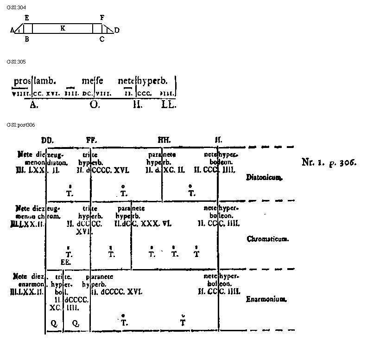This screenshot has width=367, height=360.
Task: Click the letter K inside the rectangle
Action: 63,28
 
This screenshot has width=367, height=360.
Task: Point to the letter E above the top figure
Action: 27,18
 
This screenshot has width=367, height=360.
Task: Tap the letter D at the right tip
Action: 117,31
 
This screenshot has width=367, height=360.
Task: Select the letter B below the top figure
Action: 27,39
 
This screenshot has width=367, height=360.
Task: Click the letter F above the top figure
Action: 102,18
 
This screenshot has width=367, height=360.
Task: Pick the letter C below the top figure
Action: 102,39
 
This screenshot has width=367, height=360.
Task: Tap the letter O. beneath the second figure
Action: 95,104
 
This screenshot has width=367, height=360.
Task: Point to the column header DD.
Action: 47,140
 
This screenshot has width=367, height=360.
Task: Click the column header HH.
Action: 164,140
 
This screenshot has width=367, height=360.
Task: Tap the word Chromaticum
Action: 268,239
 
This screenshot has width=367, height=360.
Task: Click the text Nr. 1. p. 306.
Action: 329,162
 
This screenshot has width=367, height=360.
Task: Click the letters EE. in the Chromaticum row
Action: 66,262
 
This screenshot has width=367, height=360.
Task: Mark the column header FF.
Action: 91,140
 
